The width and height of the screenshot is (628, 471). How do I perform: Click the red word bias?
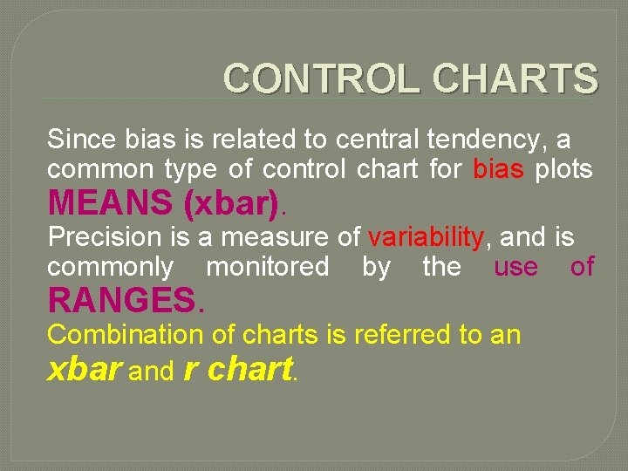(498, 168)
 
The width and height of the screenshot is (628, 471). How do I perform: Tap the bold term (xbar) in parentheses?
(234, 203)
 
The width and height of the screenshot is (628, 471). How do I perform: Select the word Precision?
(105, 237)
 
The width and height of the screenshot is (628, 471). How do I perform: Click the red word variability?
(426, 237)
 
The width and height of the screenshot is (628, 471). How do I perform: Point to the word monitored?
(268, 267)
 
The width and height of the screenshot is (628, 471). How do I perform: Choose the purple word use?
(516, 267)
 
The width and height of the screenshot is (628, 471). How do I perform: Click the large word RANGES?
(122, 301)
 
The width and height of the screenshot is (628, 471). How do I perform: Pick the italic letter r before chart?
(193, 370)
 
